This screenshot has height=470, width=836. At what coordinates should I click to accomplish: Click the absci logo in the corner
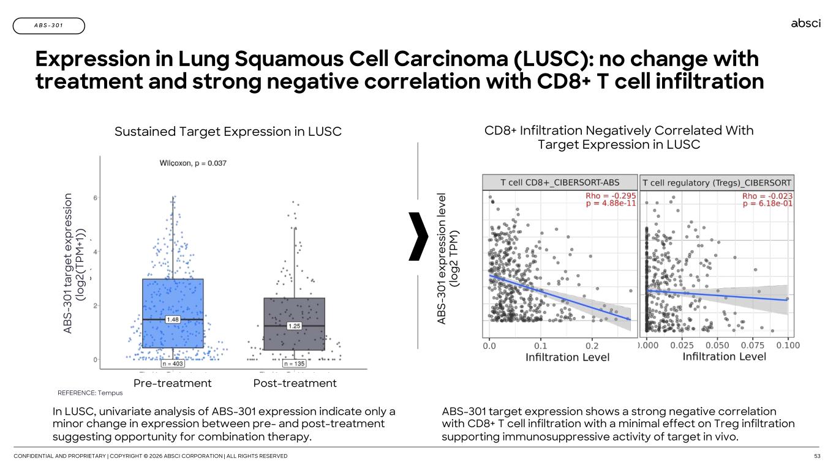[x=805, y=23]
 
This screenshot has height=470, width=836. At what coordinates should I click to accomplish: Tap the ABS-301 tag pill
[x=48, y=26]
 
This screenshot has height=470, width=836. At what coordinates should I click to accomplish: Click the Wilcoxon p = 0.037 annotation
[x=193, y=163]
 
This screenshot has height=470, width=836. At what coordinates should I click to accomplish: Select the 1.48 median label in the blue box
[x=173, y=319]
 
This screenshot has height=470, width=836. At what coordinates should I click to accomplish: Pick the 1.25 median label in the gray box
[x=295, y=326]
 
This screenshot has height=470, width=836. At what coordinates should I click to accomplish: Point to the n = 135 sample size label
[x=295, y=364]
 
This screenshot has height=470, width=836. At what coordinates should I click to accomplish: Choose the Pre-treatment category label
[x=173, y=383]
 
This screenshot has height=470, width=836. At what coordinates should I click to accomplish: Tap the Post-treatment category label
[x=295, y=383]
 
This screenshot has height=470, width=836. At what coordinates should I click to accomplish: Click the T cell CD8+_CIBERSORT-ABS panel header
[x=560, y=182]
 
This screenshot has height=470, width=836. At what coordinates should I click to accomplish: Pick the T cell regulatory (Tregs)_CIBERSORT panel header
[x=717, y=182]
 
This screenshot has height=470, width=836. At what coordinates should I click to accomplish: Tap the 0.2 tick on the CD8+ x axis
[x=592, y=346]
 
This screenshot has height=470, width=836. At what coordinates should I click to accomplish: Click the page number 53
[x=816, y=457]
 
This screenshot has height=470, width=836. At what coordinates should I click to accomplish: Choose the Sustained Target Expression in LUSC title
[x=228, y=131]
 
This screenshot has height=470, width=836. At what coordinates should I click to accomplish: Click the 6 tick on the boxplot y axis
[x=94, y=198]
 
